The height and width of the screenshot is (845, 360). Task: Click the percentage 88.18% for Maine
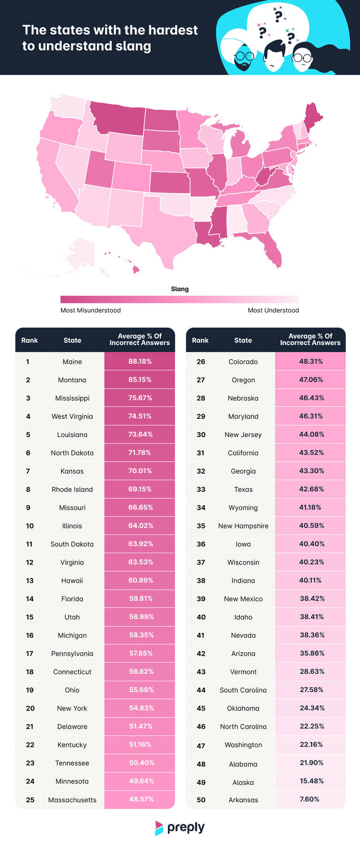point(140,362)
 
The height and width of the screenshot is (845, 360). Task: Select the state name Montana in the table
point(72,380)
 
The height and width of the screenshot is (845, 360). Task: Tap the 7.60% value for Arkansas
point(309,799)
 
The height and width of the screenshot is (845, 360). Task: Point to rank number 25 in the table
point(30,800)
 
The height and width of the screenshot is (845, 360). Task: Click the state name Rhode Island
point(72,489)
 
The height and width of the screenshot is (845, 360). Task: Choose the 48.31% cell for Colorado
point(311,362)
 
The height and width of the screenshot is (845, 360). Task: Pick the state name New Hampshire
point(243,526)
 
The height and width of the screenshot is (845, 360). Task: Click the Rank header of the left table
point(30,340)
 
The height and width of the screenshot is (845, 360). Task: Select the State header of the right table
point(243,340)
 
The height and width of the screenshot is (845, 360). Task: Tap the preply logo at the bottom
point(180,828)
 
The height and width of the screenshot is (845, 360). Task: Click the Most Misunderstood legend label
point(90,310)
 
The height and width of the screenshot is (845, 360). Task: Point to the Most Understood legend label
point(273,310)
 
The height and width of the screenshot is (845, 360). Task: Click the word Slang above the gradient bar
point(180,289)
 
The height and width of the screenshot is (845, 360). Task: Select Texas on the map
point(164,225)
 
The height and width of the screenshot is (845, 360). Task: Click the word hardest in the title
point(173,30)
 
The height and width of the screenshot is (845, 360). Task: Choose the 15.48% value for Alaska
point(311,781)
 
